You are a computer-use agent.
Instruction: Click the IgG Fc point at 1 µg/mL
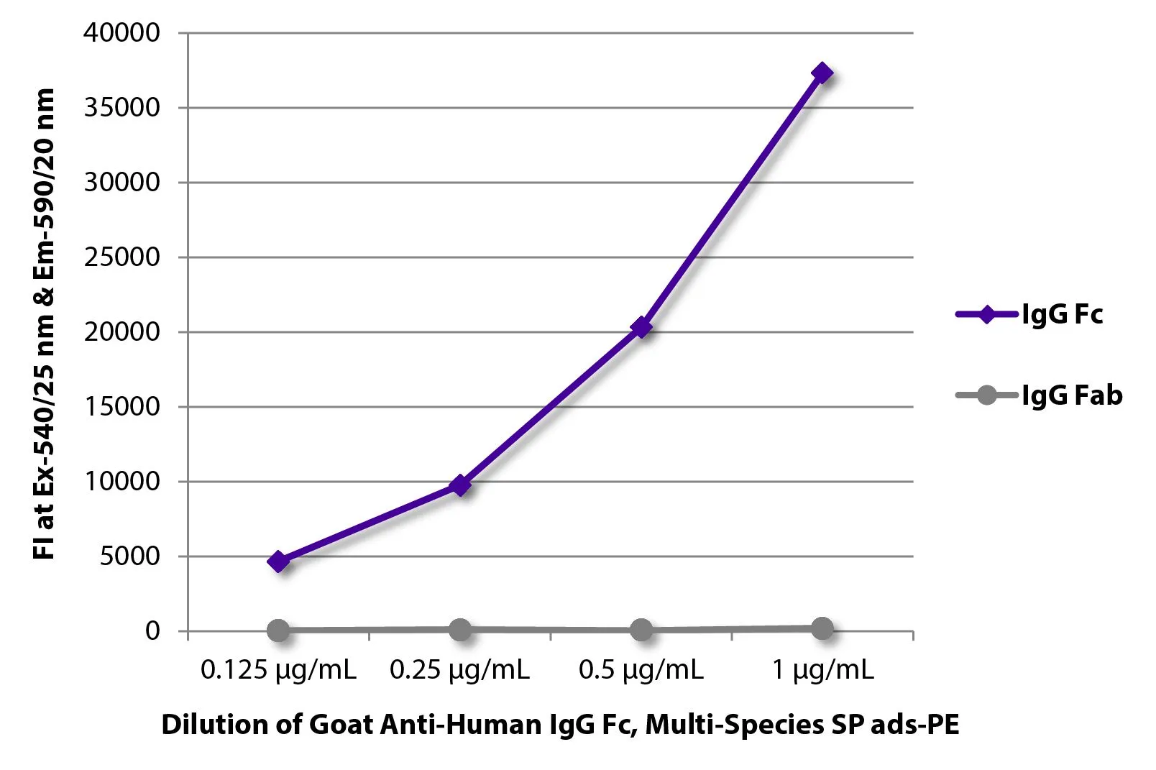pos(822,73)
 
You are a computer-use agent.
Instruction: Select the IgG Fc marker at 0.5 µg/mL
pos(641,328)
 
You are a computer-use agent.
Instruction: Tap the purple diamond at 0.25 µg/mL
pos(460,485)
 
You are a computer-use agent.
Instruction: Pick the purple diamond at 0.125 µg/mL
pos(279,562)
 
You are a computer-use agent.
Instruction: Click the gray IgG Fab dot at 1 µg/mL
pos(822,628)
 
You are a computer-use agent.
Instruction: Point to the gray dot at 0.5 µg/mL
pos(641,631)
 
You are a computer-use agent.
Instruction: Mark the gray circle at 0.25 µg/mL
pos(460,630)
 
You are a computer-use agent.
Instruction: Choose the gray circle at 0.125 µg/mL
pos(279,631)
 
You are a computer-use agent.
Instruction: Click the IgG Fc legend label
pos(1062,315)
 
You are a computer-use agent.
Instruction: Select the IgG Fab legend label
pos(1072,395)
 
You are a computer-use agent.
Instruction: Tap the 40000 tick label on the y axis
pos(121,32)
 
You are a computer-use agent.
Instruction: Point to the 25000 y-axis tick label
pos(121,257)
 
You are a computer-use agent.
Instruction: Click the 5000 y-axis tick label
pos(130,556)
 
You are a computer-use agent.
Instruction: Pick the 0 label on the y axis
pos(152,631)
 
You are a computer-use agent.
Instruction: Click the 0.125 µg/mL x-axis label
pos(278,670)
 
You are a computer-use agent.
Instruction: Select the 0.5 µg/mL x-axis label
pos(641,670)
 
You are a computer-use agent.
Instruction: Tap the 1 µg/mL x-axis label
pos(822,670)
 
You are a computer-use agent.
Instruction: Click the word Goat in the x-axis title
pos(341,724)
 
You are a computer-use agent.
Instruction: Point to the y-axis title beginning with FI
pos(44,324)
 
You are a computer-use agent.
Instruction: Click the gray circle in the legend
pos(987,395)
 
